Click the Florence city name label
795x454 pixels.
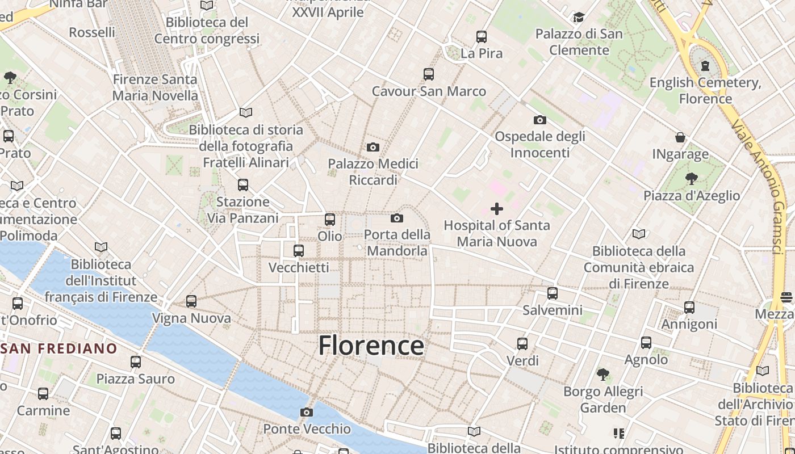tap(371, 346)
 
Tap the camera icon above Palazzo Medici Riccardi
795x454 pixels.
tap(373, 148)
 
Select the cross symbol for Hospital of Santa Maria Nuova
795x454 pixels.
tap(497, 209)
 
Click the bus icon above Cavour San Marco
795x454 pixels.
tap(429, 74)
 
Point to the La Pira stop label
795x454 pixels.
tap(482, 53)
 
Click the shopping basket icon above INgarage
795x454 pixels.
tap(680, 137)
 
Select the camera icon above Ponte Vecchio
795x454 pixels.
tap(307, 412)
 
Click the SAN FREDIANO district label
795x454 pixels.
tap(59, 348)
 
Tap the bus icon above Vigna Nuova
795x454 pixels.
tap(191, 301)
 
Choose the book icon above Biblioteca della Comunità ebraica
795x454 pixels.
tap(639, 234)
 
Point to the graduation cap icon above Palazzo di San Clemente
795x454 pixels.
tap(579, 18)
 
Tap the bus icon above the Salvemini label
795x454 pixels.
tap(553, 293)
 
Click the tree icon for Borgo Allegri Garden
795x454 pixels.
tap(603, 375)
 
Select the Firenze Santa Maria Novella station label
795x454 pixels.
tap(155, 87)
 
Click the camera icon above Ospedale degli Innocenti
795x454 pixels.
tap(539, 120)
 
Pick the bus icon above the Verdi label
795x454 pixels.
tap(522, 343)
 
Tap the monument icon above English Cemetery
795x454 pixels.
tap(705, 66)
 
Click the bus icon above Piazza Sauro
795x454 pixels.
tap(135, 361)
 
